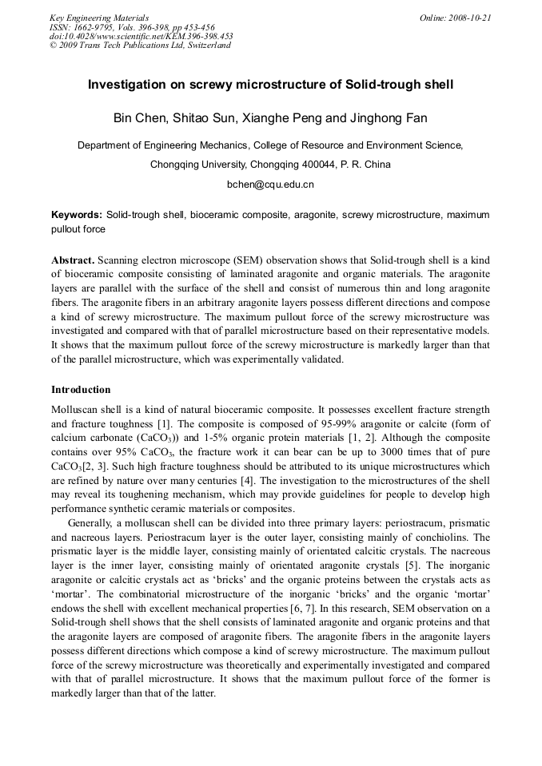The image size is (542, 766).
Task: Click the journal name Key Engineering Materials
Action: click(99, 18)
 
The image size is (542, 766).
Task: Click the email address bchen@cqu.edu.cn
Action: click(270, 185)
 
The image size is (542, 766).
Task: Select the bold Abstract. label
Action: click(74, 260)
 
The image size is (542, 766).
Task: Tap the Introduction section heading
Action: click(81, 390)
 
